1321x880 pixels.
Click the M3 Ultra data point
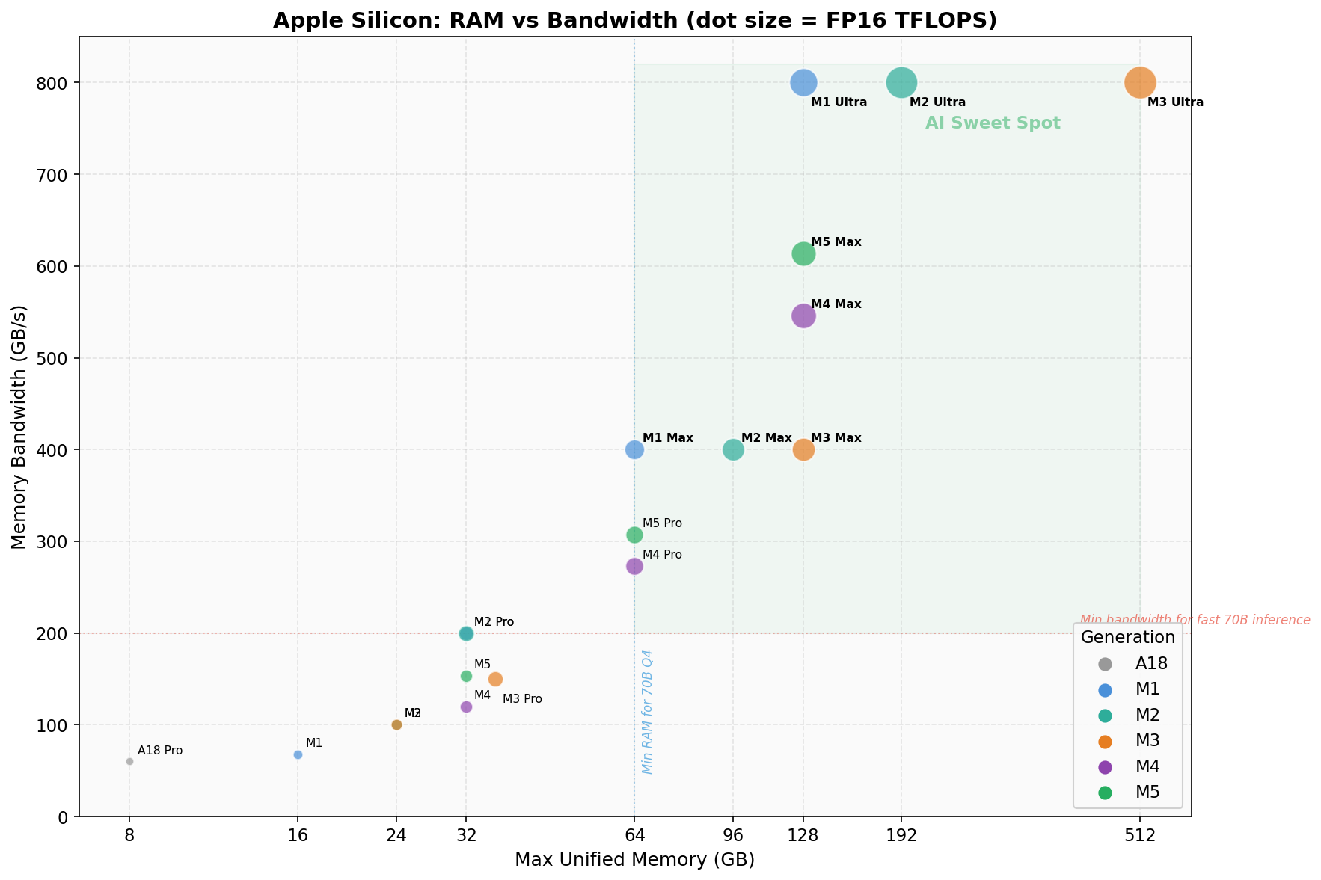click(x=1139, y=82)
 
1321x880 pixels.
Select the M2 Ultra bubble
click(x=901, y=82)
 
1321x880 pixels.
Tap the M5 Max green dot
click(x=803, y=254)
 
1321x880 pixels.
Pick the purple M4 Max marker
click(x=803, y=316)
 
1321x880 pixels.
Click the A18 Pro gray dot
click(x=129, y=761)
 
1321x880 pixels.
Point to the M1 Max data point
click(x=634, y=449)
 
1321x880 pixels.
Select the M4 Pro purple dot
click(x=634, y=567)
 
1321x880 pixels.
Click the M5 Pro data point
click(x=634, y=535)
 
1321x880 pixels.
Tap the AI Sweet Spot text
click(x=993, y=123)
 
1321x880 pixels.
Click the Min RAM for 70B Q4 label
click(x=648, y=712)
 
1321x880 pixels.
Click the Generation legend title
click(x=1127, y=637)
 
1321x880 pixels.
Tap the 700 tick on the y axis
click(x=58, y=175)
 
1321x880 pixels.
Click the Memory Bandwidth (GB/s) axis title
click(x=19, y=427)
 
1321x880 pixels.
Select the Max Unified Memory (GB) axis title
click(x=634, y=861)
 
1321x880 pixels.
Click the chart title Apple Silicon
click(x=634, y=20)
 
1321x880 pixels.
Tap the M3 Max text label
click(x=836, y=438)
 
